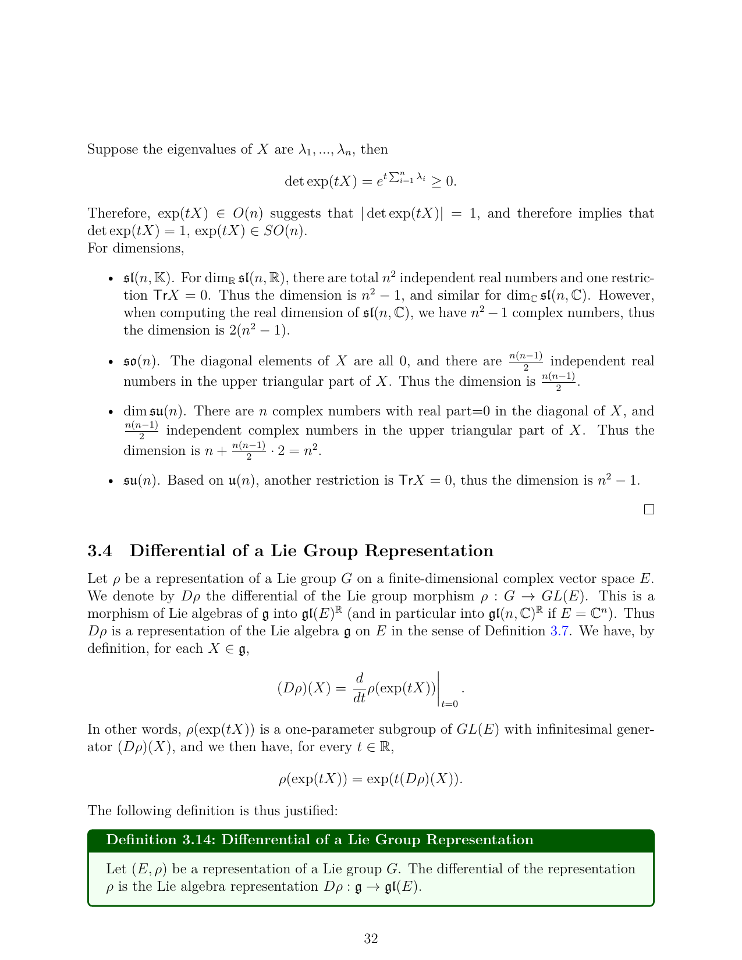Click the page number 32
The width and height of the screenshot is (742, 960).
coord(371,938)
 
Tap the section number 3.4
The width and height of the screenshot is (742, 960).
coord(100,551)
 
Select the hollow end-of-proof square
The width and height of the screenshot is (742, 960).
coord(649,510)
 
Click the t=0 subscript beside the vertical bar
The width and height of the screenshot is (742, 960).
coord(449,704)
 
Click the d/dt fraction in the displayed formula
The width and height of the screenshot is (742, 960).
coord(359,687)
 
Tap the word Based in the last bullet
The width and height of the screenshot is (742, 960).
coord(183,481)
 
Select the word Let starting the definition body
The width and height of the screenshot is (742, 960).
coord(116,869)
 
